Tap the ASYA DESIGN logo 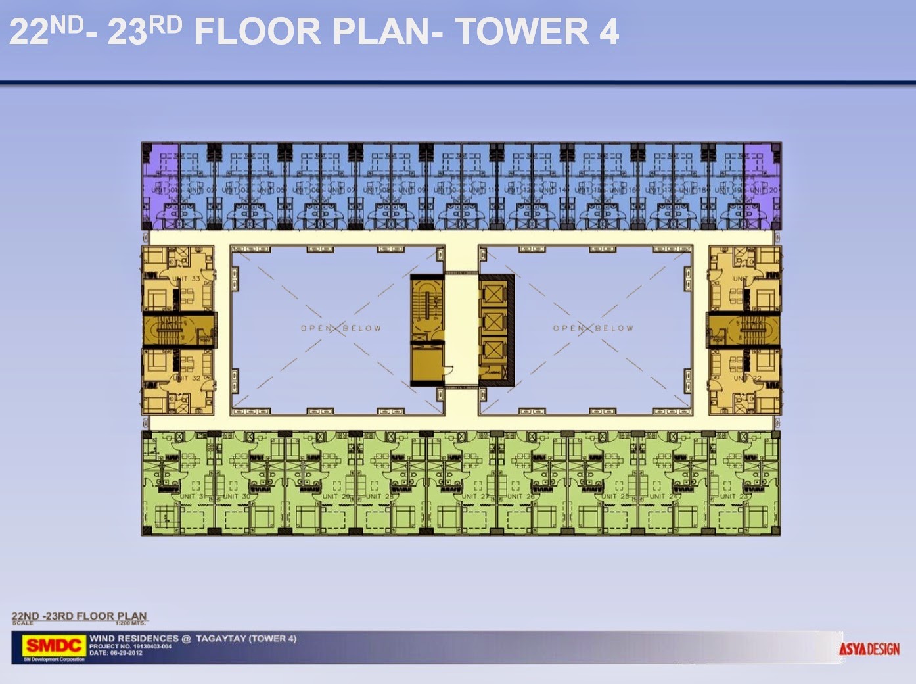click(869, 649)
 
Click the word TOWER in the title click(522, 32)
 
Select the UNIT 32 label click(187, 378)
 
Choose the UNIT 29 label click(336, 497)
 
